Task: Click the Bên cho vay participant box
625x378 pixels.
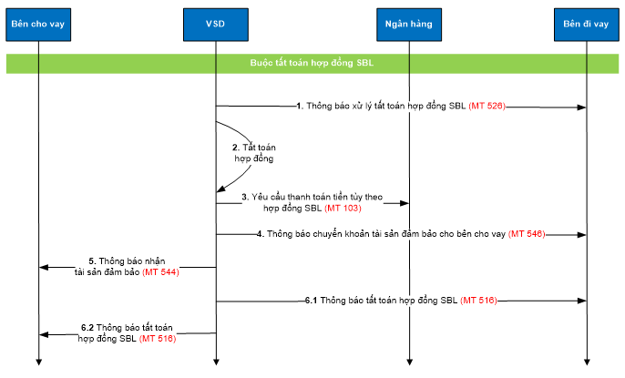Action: tap(39, 23)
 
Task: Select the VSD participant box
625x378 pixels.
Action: tap(216, 23)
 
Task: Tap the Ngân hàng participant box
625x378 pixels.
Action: tap(408, 23)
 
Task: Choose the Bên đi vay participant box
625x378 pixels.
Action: tap(586, 23)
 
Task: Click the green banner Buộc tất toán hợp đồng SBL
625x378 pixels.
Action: tap(312, 64)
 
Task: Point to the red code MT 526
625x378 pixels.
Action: tap(487, 107)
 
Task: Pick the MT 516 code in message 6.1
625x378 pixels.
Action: tap(478, 300)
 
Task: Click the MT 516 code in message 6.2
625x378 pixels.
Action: tap(156, 339)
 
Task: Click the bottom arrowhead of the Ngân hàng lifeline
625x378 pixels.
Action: tap(408, 363)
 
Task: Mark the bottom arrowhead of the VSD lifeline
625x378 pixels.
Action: tap(216, 363)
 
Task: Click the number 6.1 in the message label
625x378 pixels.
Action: tap(311, 300)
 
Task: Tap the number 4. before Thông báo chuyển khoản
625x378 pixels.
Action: tap(260, 234)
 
